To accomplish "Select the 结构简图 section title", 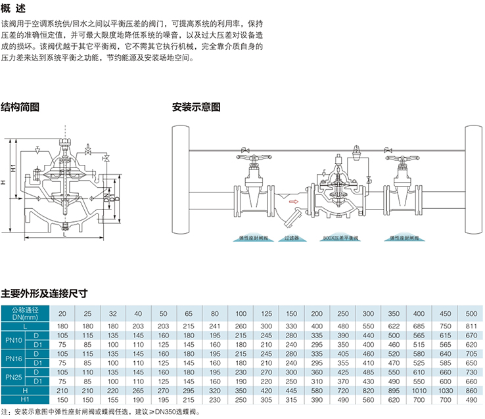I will tap(20, 106).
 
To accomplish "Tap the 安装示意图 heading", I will tap(196, 106).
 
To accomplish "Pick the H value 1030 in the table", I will tap(444, 391).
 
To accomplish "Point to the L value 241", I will tap(214, 326).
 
